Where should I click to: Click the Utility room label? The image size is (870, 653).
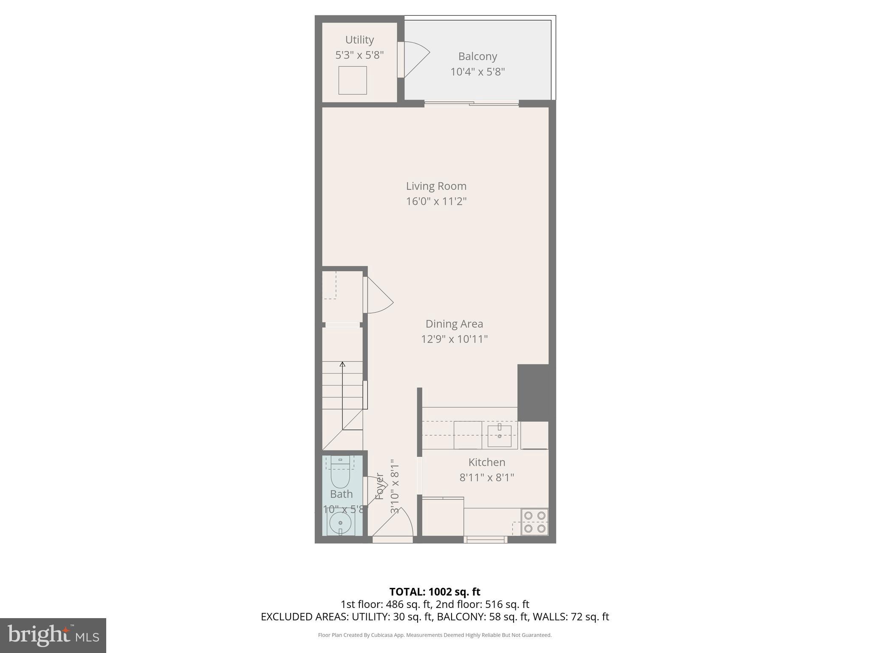tap(359, 40)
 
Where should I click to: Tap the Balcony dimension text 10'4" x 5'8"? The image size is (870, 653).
tap(477, 72)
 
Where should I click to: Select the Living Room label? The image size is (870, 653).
tap(436, 186)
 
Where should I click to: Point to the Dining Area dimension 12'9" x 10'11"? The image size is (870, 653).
tap(454, 339)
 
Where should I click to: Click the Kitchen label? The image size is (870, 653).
tap(486, 462)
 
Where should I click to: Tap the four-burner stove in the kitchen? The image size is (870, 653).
tap(534, 522)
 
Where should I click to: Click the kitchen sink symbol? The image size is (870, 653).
tap(499, 435)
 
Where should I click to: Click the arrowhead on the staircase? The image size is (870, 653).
tap(342, 364)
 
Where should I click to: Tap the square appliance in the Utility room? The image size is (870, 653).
tap(352, 80)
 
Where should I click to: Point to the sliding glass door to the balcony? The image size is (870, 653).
tap(471, 103)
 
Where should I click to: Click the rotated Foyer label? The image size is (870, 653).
tap(379, 486)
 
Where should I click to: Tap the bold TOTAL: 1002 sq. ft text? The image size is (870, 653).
tap(435, 592)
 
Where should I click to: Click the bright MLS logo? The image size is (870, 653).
tap(53, 635)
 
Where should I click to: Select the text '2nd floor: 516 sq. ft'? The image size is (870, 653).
tap(483, 604)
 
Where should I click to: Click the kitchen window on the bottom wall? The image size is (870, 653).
tap(485, 539)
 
